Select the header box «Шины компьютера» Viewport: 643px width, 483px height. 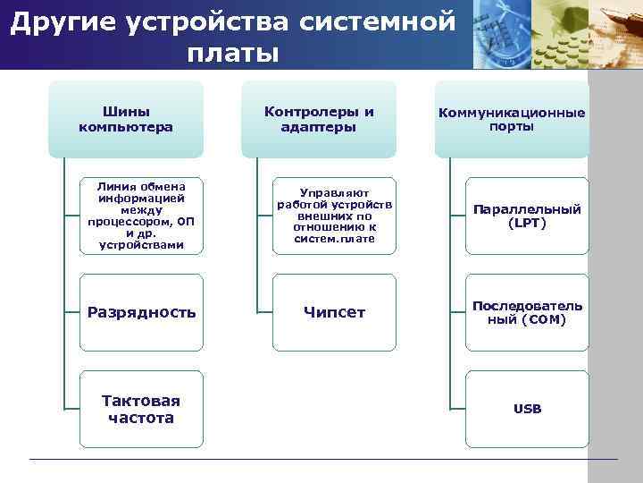point(126,119)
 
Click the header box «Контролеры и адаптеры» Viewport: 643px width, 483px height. point(319,119)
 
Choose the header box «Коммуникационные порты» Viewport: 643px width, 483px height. point(511,119)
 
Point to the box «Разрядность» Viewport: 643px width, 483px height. point(141,312)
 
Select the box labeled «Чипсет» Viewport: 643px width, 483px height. point(334,312)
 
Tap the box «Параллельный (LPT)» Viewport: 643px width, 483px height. point(527,216)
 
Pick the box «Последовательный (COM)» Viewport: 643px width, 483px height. point(527,312)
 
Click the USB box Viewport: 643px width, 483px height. point(527,409)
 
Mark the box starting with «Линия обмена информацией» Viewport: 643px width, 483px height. point(141,216)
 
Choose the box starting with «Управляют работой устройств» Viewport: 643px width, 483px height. point(335,216)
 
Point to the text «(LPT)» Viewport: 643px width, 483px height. point(527,223)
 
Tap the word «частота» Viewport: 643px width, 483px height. point(140,418)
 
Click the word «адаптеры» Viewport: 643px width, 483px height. point(319,127)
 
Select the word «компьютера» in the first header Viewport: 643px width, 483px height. point(126,127)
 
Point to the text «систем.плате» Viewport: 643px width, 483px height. point(335,239)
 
